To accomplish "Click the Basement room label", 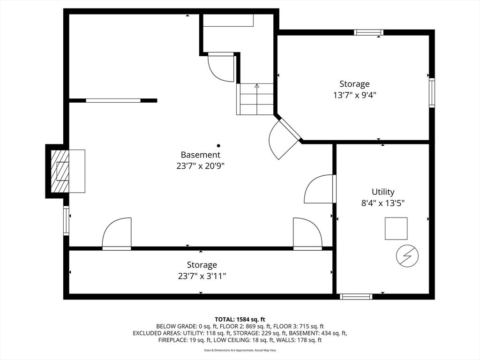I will click(x=200, y=155).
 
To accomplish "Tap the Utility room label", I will click(x=383, y=192).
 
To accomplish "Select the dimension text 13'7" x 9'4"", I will click(x=355, y=95).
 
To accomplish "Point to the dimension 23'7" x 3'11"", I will click(x=202, y=276).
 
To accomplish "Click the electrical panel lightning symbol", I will click(x=407, y=256).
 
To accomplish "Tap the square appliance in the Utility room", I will click(x=396, y=228).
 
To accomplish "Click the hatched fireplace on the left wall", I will click(x=60, y=171).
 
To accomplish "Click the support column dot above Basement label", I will click(x=218, y=146).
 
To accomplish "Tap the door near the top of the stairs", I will click(x=222, y=67).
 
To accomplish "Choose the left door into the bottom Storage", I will click(x=117, y=233).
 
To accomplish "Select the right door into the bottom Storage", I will click(x=307, y=233).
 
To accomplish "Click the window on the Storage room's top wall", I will click(x=368, y=32).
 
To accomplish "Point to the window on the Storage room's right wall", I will click(x=432, y=93).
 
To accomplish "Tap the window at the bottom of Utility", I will click(x=356, y=296).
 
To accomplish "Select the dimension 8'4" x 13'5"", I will click(x=383, y=203).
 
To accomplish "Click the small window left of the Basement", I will click(x=66, y=220).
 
